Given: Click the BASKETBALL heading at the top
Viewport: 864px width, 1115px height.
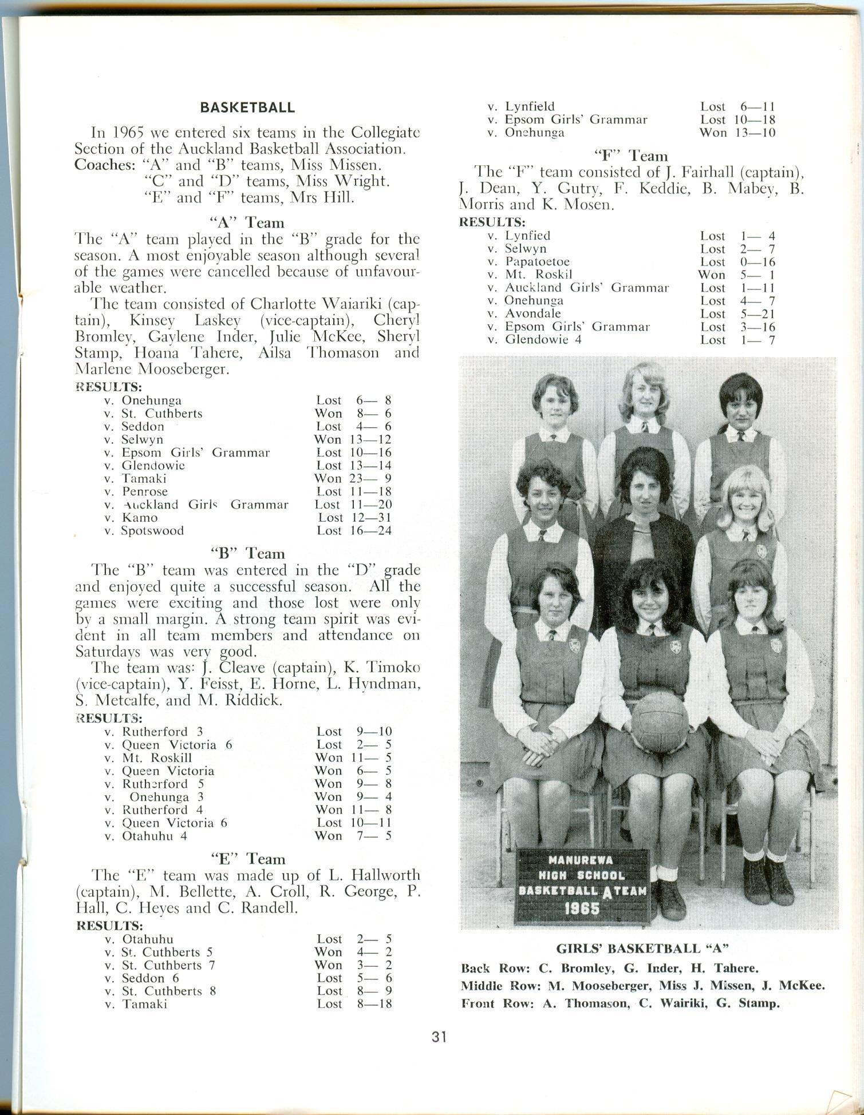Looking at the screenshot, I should click(x=247, y=108).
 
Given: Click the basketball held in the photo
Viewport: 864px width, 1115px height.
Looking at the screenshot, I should click(x=660, y=723).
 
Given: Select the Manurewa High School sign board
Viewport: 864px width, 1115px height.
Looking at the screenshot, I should click(x=583, y=886).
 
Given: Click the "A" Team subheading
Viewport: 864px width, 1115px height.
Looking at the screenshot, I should click(x=247, y=222).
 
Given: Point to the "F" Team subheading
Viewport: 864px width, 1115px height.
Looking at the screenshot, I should click(x=631, y=156).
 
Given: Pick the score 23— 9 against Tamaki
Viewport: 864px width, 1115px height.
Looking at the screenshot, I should click(x=369, y=478).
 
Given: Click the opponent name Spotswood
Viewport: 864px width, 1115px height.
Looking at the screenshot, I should click(x=153, y=530).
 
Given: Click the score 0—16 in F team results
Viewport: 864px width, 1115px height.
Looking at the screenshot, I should click(x=754, y=262).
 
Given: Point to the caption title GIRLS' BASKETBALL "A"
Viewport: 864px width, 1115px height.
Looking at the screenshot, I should click(x=642, y=948).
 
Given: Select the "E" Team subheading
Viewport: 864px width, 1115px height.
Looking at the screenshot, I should click(x=247, y=859).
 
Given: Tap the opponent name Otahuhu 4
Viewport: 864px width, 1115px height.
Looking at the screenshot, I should click(x=155, y=835).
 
